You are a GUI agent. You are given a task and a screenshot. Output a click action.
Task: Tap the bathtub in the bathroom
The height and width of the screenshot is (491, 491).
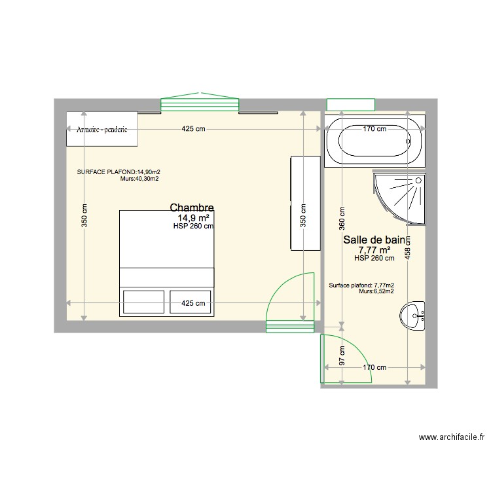coord(374,141)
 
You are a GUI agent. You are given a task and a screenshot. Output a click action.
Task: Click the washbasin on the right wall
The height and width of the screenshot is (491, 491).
coord(413,316)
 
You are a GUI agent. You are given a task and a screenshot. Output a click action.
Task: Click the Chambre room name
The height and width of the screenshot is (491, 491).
coord(192,208)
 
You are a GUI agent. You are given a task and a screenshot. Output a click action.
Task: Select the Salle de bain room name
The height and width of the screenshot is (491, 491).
coord(374,240)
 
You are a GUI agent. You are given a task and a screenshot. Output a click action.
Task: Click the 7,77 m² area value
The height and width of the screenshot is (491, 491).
coord(374,250)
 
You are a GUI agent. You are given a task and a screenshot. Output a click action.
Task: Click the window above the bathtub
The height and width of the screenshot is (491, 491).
coord(350,104)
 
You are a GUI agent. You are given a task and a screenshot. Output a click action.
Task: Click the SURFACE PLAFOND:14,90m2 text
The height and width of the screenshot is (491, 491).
coord(118,172)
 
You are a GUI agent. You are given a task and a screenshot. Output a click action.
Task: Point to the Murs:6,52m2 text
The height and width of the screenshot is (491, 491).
coord(376,292)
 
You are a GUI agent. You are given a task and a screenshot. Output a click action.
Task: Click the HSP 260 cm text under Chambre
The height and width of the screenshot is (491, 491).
coord(194,227)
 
